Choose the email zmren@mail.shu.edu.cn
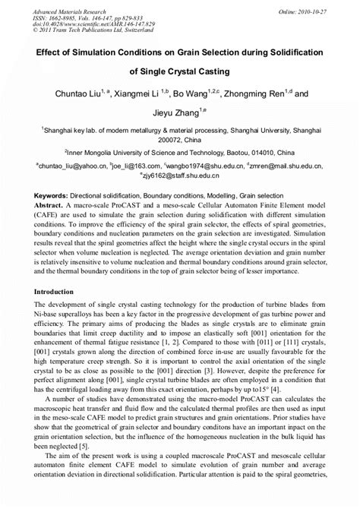coord(289,164)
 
